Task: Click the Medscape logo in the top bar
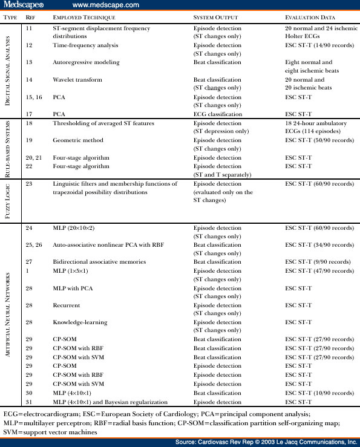[x=24, y=5]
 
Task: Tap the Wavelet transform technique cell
[x=76, y=79]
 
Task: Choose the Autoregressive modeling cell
[x=85, y=62]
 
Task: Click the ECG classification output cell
[x=217, y=114]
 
